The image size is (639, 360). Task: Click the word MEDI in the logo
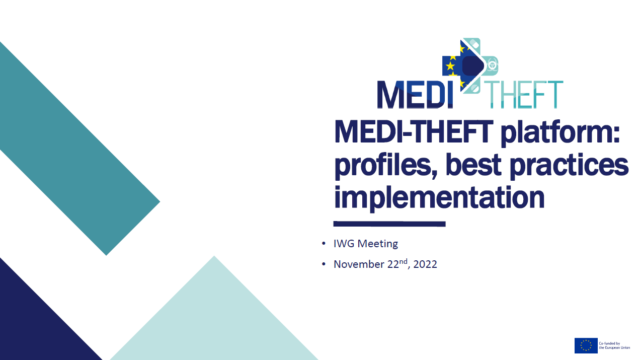click(415, 95)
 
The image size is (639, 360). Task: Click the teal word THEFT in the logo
click(525, 95)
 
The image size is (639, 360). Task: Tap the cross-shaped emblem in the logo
click(470, 65)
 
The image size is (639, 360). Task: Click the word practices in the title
click(569, 166)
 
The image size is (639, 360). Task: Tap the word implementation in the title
click(439, 198)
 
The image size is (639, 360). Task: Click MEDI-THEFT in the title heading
click(414, 131)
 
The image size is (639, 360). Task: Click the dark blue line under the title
click(389, 224)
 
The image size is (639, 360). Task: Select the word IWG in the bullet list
click(344, 244)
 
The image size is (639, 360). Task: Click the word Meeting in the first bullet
click(378, 244)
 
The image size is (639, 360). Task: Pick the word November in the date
click(359, 264)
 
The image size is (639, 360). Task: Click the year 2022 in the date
click(425, 264)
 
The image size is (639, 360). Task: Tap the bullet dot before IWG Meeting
click(324, 244)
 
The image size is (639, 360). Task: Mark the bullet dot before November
click(324, 264)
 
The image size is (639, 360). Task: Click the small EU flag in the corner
click(586, 345)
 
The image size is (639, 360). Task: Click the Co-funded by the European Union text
click(614, 345)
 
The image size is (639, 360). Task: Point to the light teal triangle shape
click(214, 320)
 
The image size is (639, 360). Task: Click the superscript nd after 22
click(403, 261)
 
